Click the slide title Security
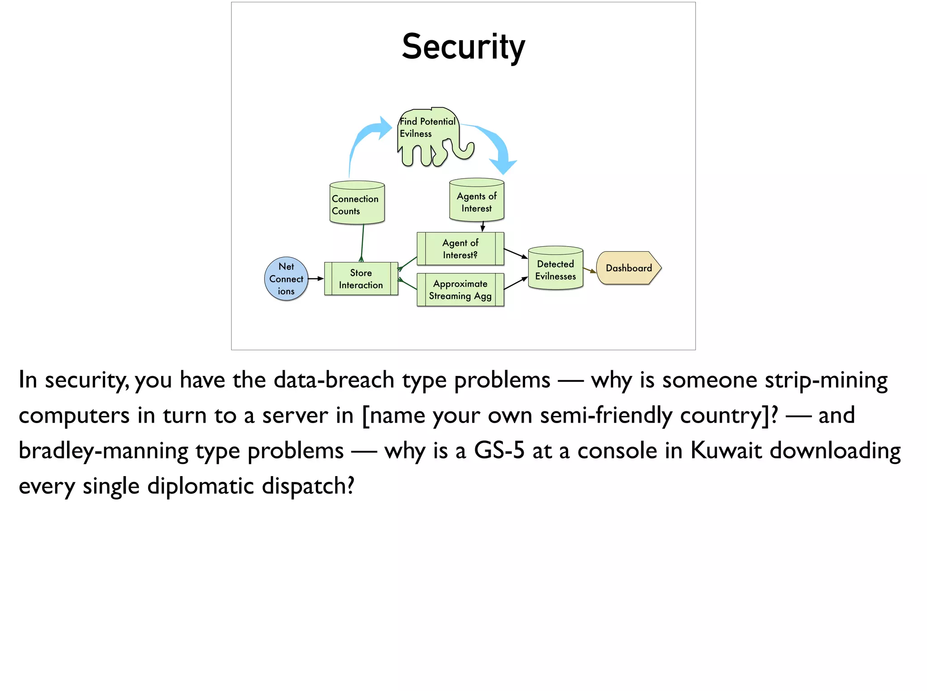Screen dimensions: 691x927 click(463, 47)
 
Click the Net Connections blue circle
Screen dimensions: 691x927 click(286, 279)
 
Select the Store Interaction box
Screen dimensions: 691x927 click(361, 279)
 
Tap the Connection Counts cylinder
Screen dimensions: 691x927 click(357, 204)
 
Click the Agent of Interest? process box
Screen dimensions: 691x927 click(460, 249)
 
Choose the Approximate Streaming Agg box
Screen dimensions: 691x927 click(460, 290)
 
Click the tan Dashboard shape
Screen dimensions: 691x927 click(628, 268)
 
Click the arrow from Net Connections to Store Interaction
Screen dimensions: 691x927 click(316, 278)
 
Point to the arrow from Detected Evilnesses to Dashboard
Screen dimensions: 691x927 click(590, 270)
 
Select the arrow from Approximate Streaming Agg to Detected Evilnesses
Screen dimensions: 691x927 click(516, 284)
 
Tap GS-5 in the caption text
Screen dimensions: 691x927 click(499, 451)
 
